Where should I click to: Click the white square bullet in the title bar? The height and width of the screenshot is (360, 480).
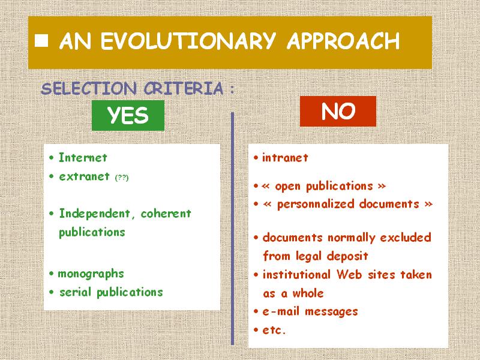pyautogui.click(x=41, y=41)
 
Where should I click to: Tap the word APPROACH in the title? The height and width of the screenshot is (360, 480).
pyautogui.click(x=343, y=41)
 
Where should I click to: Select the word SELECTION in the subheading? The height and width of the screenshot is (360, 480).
pyautogui.click(x=88, y=88)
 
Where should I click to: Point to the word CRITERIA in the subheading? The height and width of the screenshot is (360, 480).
pyautogui.click(x=184, y=88)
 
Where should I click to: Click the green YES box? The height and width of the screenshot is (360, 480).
pyautogui.click(x=128, y=115)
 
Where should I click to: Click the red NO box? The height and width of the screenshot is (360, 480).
pyautogui.click(x=338, y=111)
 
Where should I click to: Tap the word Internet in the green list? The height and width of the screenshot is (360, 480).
pyautogui.click(x=83, y=158)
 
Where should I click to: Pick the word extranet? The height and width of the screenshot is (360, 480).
pyautogui.click(x=84, y=176)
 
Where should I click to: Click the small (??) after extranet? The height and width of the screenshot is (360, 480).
pyautogui.click(x=122, y=178)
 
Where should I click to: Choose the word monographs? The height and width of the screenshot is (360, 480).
pyautogui.click(x=91, y=274)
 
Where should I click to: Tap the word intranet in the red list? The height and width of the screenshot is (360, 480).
pyautogui.click(x=285, y=158)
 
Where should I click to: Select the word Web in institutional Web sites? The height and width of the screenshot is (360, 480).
pyautogui.click(x=350, y=275)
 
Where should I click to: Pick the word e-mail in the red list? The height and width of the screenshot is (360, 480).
pyautogui.click(x=281, y=311)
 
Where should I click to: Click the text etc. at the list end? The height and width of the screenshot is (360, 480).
pyautogui.click(x=274, y=331)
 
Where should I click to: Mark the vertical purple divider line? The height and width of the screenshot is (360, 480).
pyautogui.click(x=232, y=229)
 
